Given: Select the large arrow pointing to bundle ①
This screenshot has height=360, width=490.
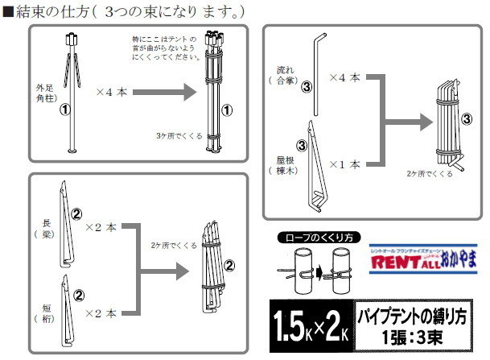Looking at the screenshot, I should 167,92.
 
